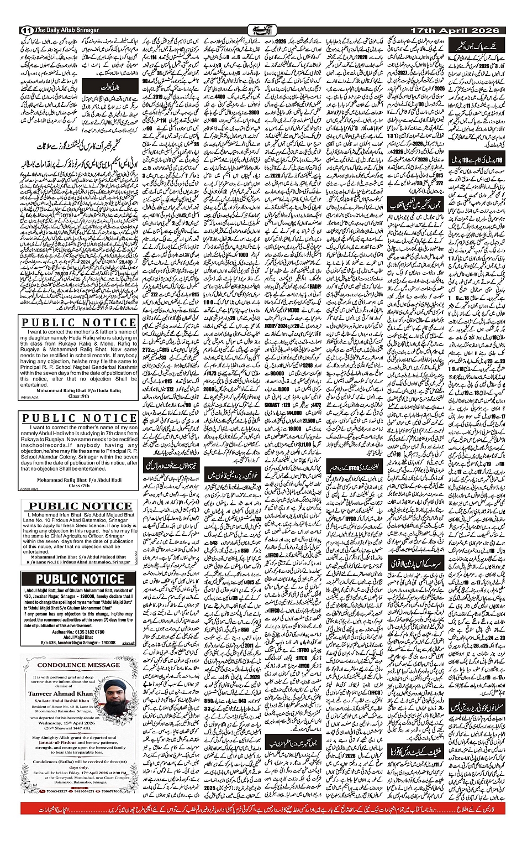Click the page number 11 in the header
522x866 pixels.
click(25, 29)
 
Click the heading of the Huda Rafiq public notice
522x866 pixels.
click(78, 323)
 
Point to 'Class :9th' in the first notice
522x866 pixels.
click(78, 397)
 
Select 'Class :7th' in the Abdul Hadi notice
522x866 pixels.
click(78, 486)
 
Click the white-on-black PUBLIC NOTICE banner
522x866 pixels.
click(78, 579)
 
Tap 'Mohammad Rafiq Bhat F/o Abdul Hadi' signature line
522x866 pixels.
click(78, 480)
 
